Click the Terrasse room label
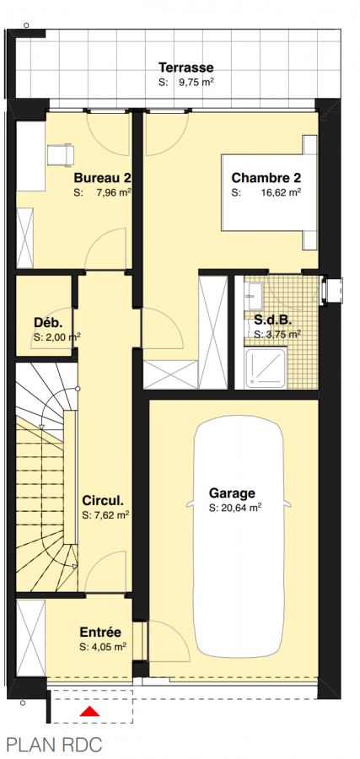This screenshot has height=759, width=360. [186, 67]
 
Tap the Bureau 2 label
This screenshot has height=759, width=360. [102, 177]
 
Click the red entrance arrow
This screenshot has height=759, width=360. [89, 711]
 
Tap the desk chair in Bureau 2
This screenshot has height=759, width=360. [61, 155]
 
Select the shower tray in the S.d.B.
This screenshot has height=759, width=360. [266, 369]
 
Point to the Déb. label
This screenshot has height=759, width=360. [48, 322]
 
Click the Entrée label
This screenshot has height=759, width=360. [100, 632]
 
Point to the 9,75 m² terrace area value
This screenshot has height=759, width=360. [196, 83]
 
